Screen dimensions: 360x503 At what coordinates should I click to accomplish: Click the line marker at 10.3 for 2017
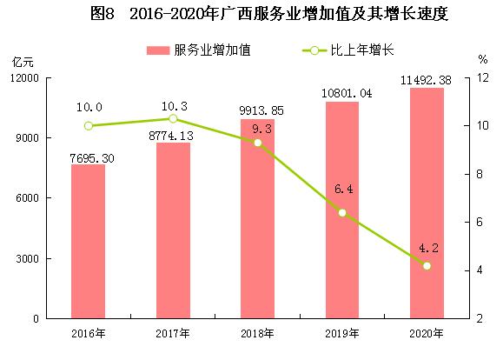[x=173, y=119]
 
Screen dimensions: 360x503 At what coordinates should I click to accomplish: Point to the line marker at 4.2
[x=426, y=265]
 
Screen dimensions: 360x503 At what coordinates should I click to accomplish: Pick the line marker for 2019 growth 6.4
[x=342, y=213]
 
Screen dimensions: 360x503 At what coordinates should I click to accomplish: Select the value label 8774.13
[x=173, y=136]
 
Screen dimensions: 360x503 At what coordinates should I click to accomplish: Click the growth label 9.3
[x=258, y=128]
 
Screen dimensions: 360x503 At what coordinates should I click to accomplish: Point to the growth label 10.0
[x=88, y=108]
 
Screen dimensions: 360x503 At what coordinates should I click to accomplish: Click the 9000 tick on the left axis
[x=27, y=138]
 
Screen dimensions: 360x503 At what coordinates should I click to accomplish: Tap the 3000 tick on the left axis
[x=27, y=259]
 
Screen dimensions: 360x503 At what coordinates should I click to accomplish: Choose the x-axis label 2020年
[x=426, y=334]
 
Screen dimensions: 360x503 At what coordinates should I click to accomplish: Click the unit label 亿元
[x=23, y=60]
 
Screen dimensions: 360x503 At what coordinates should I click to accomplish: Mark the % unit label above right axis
[x=482, y=60]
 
